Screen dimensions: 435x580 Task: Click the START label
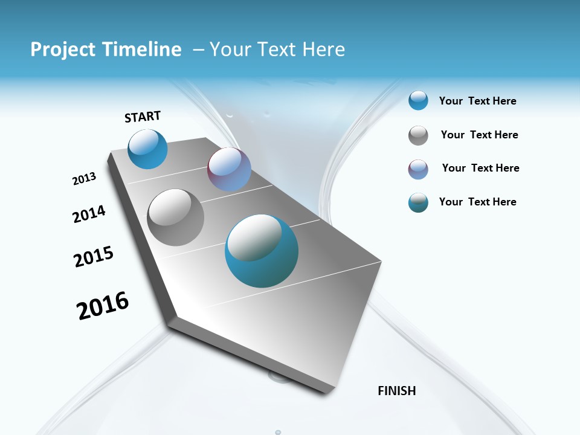click(x=143, y=117)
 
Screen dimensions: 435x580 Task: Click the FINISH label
click(x=396, y=391)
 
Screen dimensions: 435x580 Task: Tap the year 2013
click(x=84, y=179)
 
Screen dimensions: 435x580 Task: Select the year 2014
click(x=89, y=214)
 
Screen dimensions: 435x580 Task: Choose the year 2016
click(x=103, y=306)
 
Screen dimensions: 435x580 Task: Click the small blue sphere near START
click(x=147, y=149)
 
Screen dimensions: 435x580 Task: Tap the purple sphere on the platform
click(x=229, y=169)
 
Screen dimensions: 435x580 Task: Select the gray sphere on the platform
click(x=175, y=217)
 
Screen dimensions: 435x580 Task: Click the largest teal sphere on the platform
click(x=262, y=251)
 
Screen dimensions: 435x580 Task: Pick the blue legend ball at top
click(x=418, y=100)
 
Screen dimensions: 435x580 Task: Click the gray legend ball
click(x=418, y=135)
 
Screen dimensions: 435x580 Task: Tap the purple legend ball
click(x=418, y=169)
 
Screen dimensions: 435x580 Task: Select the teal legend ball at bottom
click(x=418, y=202)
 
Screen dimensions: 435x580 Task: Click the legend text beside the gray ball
click(x=479, y=135)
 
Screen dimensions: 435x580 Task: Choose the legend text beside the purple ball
click(x=480, y=168)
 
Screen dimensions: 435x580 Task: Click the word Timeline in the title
click(x=142, y=50)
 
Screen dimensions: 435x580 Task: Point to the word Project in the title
click(x=62, y=50)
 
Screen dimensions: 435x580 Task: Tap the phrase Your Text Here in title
click(x=277, y=50)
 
